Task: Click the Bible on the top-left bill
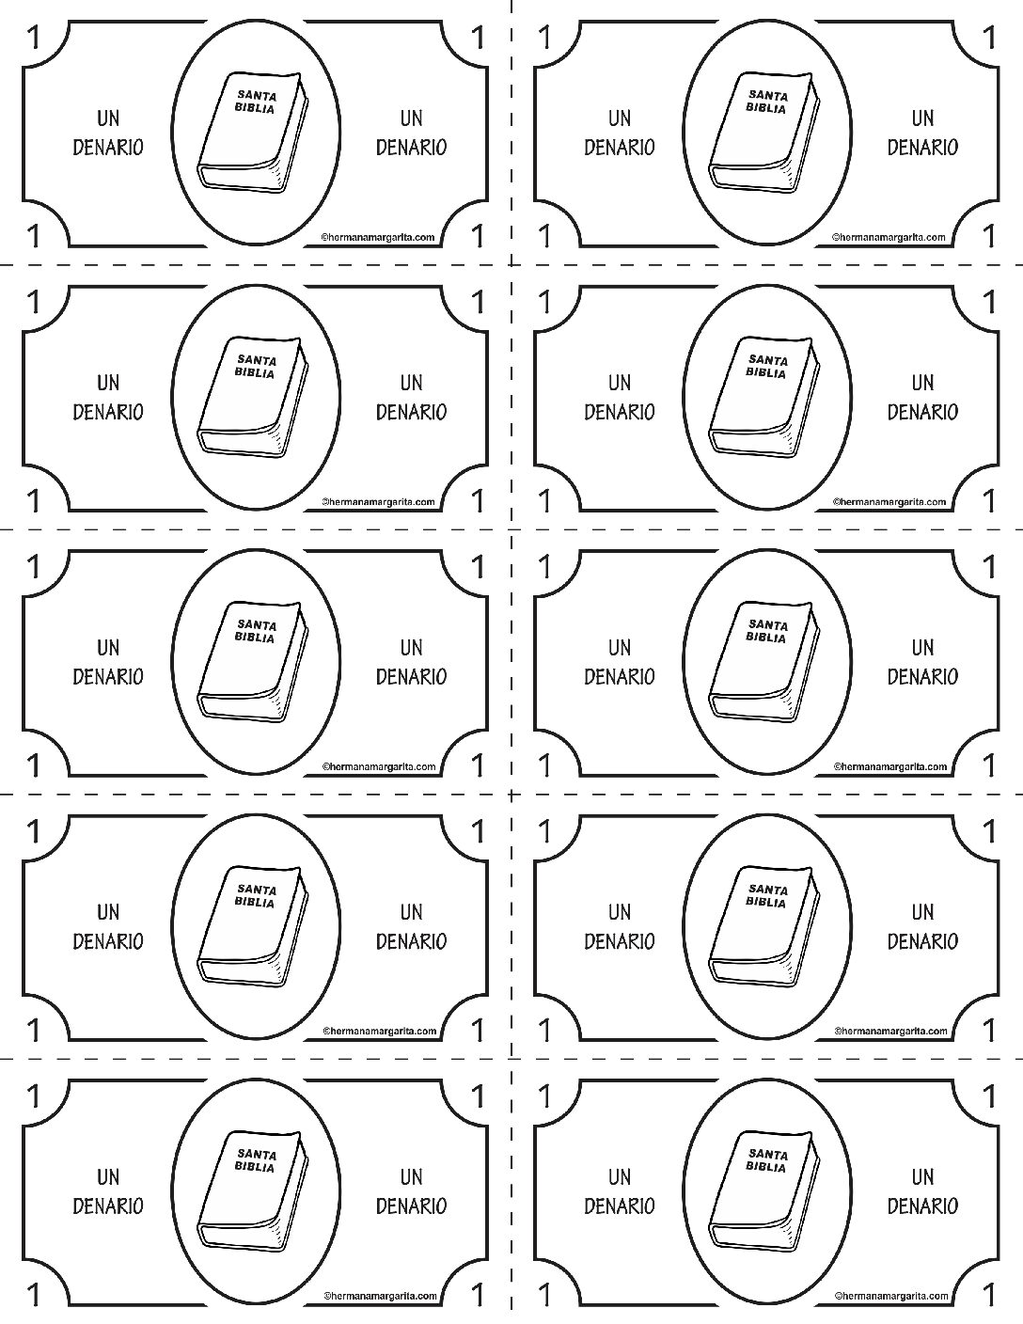(x=253, y=133)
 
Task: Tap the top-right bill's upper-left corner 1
(x=544, y=38)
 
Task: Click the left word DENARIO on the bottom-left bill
(x=108, y=1206)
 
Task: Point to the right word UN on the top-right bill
(x=922, y=118)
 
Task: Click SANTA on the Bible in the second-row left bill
(x=257, y=360)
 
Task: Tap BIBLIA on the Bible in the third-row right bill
(x=766, y=638)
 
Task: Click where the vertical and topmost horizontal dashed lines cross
(x=511, y=265)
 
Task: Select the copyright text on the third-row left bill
(x=379, y=766)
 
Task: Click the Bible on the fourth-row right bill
(x=764, y=926)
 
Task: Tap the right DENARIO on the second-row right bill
(x=922, y=412)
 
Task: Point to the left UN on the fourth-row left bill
(x=108, y=912)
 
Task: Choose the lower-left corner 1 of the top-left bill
(x=34, y=236)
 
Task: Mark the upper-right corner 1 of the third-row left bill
(x=479, y=567)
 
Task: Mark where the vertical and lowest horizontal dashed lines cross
(x=511, y=1059)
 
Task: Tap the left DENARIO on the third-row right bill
(x=619, y=676)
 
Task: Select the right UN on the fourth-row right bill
(x=922, y=912)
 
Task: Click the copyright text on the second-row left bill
(x=378, y=502)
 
